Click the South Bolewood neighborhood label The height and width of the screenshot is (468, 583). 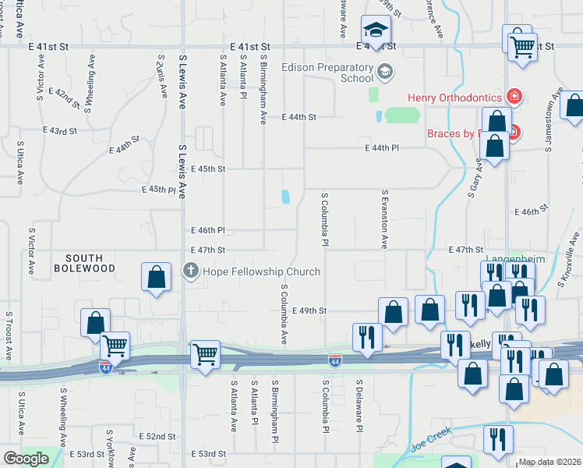pos(90,263)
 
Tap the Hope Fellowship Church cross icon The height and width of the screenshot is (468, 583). pos(190,271)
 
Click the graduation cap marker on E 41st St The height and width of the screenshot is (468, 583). pos(376,31)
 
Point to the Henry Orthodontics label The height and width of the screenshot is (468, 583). pos(454,97)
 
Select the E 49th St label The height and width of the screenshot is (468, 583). pos(309,310)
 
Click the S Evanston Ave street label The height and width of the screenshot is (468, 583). pos(384,218)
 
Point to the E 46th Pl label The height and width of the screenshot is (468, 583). pos(207,230)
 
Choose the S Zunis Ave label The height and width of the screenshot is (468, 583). pos(162,76)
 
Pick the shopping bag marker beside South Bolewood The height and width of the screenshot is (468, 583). pos(156,278)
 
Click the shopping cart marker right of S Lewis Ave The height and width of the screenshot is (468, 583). pos(205,355)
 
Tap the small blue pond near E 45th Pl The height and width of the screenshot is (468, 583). pos(285,196)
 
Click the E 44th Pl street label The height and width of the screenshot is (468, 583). pos(381,147)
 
